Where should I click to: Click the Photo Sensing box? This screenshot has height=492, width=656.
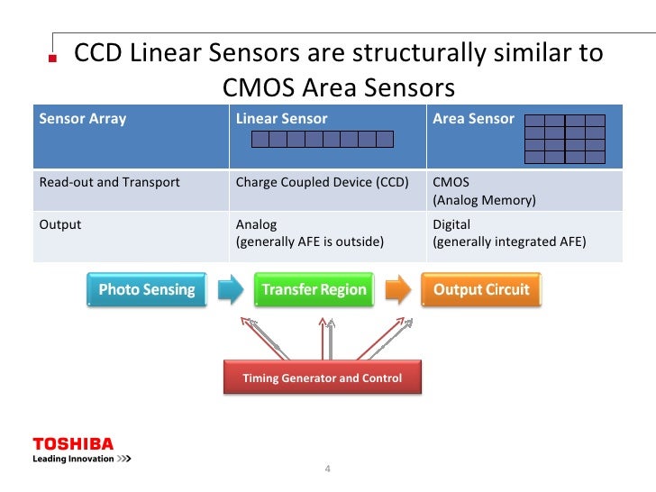pos(147,290)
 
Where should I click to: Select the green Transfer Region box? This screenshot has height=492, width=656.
pos(314,290)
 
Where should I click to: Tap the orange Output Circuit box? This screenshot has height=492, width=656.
pos(481,290)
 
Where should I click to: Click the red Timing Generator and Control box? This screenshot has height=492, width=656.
pos(322,378)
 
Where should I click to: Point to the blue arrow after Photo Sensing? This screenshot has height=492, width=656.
pos(231,290)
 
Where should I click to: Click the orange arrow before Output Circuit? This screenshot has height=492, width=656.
pos(398,290)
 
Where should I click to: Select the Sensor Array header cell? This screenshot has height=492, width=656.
pos(83,119)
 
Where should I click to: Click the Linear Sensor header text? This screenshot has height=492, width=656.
pos(281,119)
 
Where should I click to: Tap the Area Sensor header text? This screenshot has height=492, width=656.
pos(473,119)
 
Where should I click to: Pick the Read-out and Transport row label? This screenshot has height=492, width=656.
pos(109,182)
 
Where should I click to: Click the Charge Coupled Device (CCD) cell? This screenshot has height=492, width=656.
pos(322,182)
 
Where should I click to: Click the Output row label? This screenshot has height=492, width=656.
pos(59,224)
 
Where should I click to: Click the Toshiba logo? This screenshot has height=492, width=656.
pos(74,444)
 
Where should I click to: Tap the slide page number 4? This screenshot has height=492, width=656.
pos(328,469)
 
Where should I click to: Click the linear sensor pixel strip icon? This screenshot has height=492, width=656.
pos(322,139)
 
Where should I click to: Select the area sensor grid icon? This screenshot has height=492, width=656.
pos(564,138)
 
